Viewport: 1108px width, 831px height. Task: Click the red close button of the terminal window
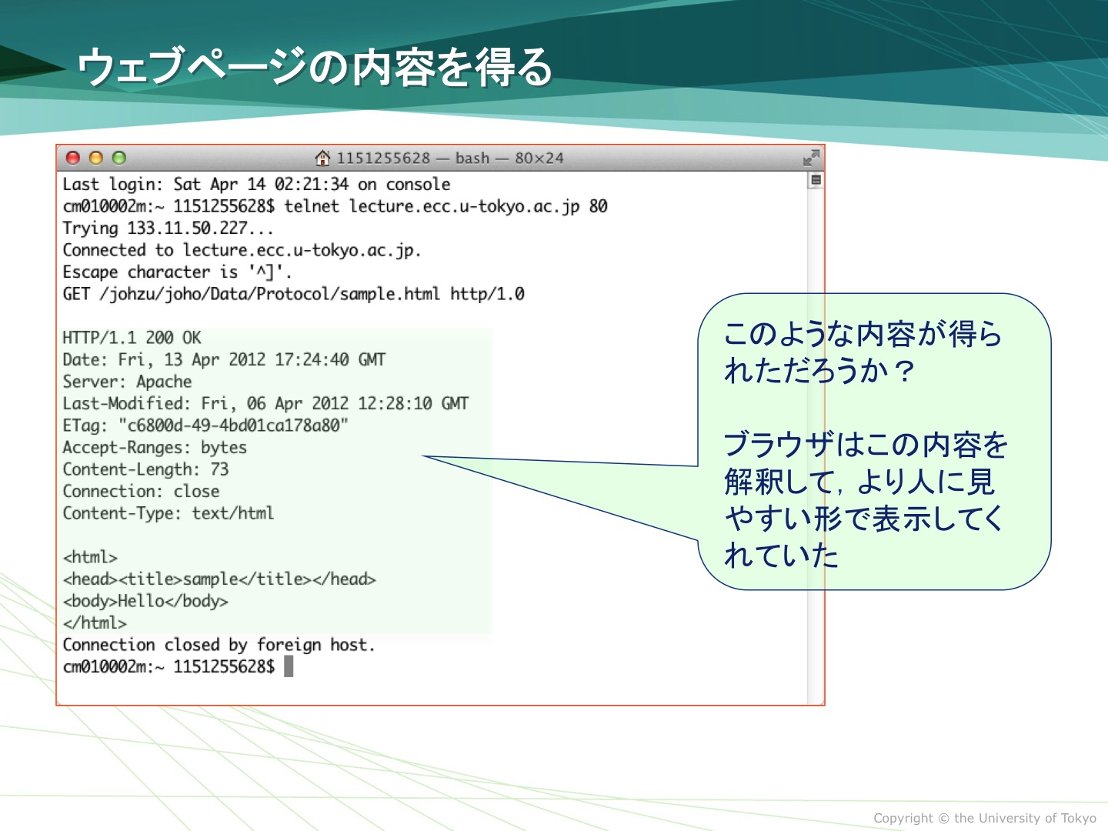click(73, 158)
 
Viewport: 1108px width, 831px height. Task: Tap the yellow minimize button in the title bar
click(96, 158)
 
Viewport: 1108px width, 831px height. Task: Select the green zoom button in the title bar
click(119, 158)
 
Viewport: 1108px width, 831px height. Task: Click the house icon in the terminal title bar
click(322, 158)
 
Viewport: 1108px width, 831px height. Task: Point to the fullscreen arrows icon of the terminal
click(811, 158)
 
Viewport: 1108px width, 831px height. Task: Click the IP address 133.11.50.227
click(187, 228)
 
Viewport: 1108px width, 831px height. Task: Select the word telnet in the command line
click(312, 206)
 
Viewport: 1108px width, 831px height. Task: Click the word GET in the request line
click(76, 294)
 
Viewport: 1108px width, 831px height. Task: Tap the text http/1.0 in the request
click(487, 294)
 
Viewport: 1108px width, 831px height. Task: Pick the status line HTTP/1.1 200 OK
click(132, 338)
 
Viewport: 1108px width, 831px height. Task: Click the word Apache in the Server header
click(164, 382)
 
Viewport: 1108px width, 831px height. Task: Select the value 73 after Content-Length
click(219, 469)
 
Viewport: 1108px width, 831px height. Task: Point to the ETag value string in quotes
click(233, 426)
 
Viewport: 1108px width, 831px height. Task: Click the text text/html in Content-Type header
click(232, 513)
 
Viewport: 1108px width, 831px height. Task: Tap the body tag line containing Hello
click(145, 601)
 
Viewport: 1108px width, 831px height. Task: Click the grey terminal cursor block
click(289, 666)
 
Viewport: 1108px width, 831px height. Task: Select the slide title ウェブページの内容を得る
click(315, 67)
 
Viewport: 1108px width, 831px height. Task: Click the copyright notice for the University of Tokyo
click(985, 818)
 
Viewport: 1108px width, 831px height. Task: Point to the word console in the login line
click(418, 184)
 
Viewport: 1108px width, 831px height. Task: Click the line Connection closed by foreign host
click(219, 645)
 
